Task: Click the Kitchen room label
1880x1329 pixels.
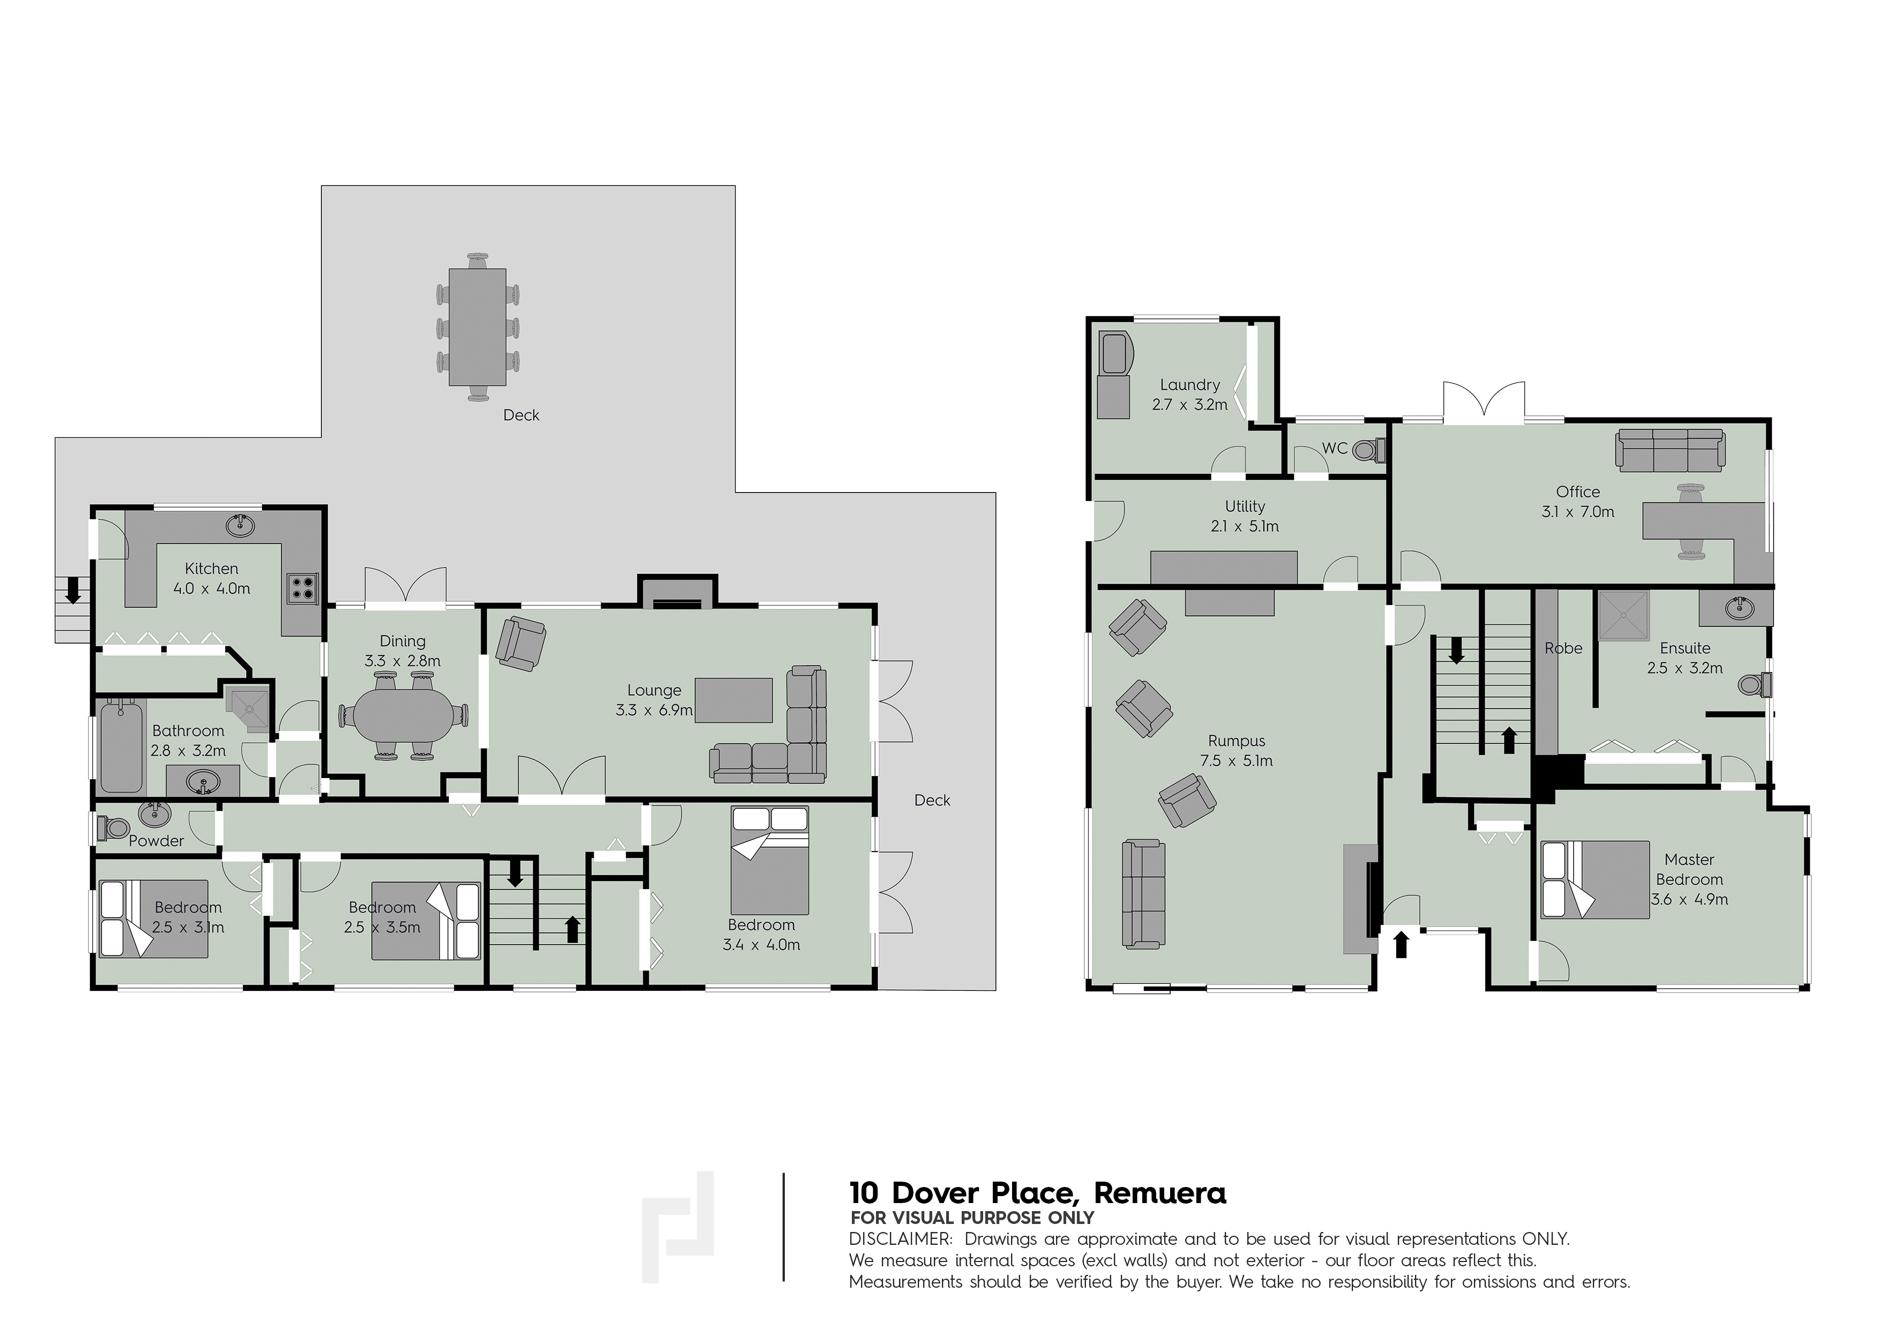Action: click(211, 568)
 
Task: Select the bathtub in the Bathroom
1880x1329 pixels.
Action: click(121, 745)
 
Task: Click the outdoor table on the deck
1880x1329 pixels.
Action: click(477, 327)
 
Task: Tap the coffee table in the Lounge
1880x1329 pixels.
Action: click(733, 700)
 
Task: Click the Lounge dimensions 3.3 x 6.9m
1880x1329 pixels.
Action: click(654, 710)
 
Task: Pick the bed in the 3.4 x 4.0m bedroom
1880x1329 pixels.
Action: click(770, 861)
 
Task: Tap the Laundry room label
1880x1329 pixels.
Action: click(1190, 384)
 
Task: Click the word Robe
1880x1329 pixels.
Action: click(1563, 648)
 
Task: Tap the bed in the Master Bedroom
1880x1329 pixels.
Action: click(1595, 879)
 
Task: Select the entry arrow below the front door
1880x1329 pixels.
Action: click(1401, 944)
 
